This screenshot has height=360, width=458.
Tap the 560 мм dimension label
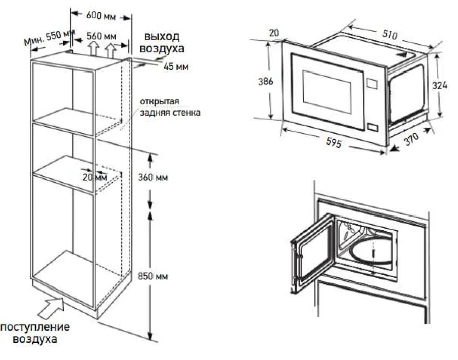(x=101, y=36)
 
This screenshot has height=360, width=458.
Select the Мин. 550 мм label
(x=47, y=38)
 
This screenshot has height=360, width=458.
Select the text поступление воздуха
(x=35, y=333)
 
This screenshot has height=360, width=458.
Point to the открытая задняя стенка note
(x=170, y=107)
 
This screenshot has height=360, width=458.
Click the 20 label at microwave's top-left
(x=274, y=33)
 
